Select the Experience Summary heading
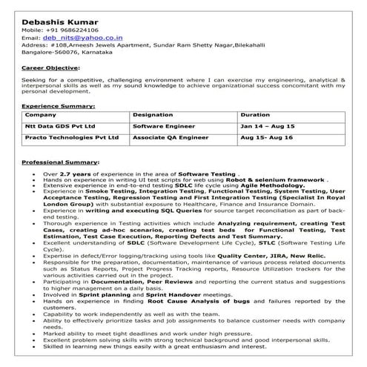[x=58, y=107]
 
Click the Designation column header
[x=154, y=116]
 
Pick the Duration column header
[x=256, y=116]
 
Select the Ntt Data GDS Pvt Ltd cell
[x=60, y=127]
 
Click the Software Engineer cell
[x=163, y=127]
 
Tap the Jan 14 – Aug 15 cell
[x=268, y=127]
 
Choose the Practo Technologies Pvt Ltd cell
[x=71, y=137]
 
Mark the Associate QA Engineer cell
[x=170, y=137]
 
